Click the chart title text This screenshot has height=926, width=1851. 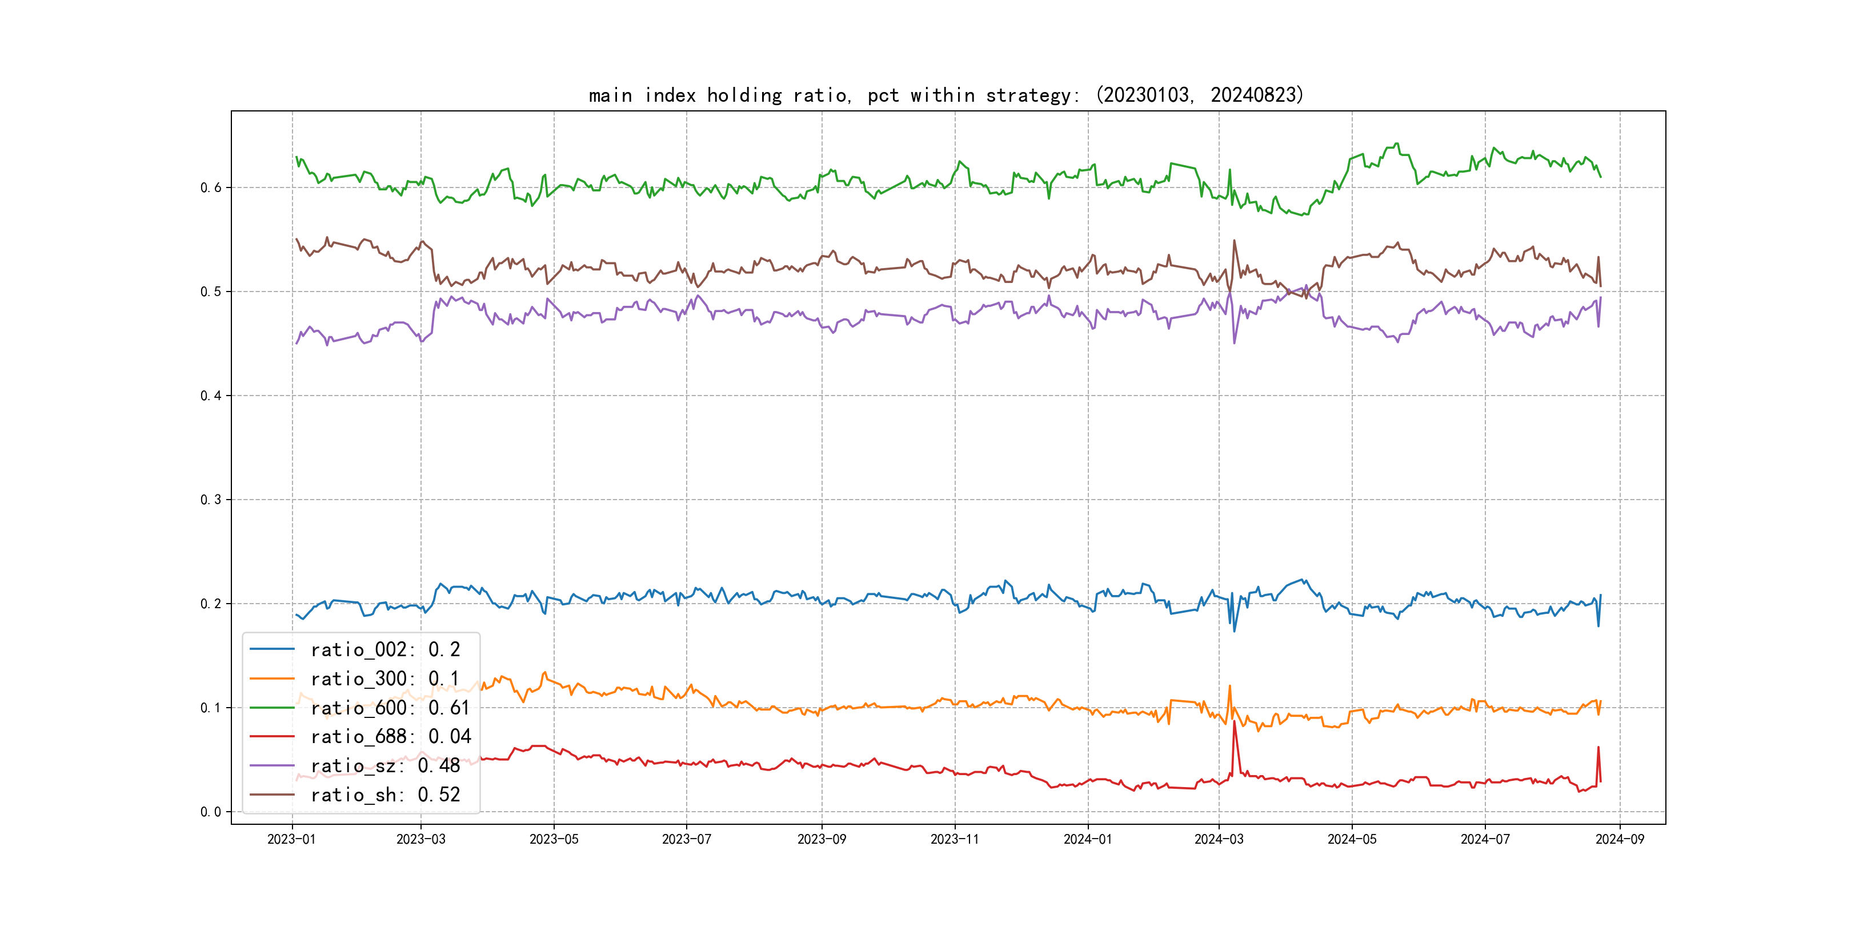945,95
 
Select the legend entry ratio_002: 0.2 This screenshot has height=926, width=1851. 384,649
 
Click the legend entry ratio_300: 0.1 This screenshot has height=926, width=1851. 384,678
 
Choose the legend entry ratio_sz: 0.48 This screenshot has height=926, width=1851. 384,766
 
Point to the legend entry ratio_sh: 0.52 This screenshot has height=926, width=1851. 384,795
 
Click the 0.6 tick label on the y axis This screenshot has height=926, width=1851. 211,187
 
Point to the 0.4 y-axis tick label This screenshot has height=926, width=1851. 211,396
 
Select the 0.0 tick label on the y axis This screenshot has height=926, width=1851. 211,812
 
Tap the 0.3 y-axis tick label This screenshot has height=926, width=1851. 211,500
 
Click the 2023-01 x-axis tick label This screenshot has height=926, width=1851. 292,839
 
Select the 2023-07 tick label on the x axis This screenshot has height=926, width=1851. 686,839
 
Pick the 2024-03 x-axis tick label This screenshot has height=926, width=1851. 1219,839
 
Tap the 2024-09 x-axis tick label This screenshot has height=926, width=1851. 1620,839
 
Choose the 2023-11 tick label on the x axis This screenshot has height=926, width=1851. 955,839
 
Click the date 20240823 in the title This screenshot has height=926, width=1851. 1253,95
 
